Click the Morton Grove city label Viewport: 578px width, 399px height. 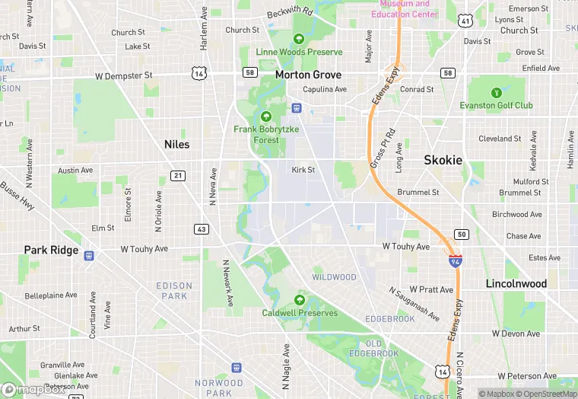pyautogui.click(x=308, y=75)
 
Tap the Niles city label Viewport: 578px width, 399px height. pyautogui.click(x=176, y=144)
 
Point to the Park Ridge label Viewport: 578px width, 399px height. pyautogui.click(x=51, y=250)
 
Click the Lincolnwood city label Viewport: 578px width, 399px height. pyautogui.click(x=516, y=283)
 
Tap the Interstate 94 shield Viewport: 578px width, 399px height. pyautogui.click(x=455, y=261)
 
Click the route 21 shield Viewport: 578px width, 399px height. pyautogui.click(x=177, y=176)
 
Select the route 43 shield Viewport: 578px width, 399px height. pyautogui.click(x=201, y=229)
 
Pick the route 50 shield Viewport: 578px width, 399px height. pyautogui.click(x=461, y=233)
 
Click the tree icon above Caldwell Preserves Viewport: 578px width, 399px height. pyautogui.click(x=300, y=299)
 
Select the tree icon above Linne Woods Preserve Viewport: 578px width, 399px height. pyautogui.click(x=299, y=38)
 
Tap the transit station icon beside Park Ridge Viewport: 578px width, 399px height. pyautogui.click(x=89, y=256)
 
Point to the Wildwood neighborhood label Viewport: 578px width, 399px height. pyautogui.click(x=334, y=277)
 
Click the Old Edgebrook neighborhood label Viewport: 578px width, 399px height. pyautogui.click(x=373, y=348)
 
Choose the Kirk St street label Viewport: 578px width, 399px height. pyautogui.click(x=303, y=170)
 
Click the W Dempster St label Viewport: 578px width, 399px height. pyautogui.click(x=124, y=76)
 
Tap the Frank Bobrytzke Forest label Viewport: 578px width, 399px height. pyautogui.click(x=266, y=135)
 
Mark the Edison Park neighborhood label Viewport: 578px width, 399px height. pyautogui.click(x=174, y=290)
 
